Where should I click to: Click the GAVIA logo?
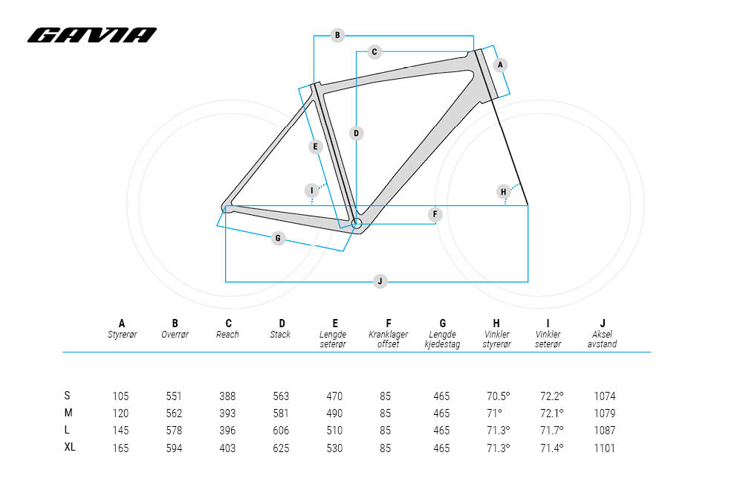(x=92, y=35)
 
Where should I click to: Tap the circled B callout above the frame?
(x=337, y=35)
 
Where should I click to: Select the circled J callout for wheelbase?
(x=380, y=281)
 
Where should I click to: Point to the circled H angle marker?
(x=504, y=192)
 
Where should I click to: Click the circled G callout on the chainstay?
(x=278, y=239)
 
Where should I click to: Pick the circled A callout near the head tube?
(x=500, y=65)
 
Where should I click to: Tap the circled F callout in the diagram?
(x=435, y=215)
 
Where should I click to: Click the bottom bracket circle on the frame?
(x=356, y=222)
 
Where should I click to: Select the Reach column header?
(x=229, y=329)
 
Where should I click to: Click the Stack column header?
(x=282, y=329)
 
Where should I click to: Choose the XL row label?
(x=69, y=448)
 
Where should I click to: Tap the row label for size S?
(x=68, y=396)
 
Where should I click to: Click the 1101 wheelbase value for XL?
(x=605, y=448)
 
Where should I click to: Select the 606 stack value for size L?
(x=281, y=431)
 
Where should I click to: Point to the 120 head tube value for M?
(x=120, y=413)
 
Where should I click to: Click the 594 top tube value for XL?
(x=174, y=448)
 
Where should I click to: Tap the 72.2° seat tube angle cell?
(x=550, y=396)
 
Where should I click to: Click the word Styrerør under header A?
(x=123, y=335)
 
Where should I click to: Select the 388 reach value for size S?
(x=227, y=396)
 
